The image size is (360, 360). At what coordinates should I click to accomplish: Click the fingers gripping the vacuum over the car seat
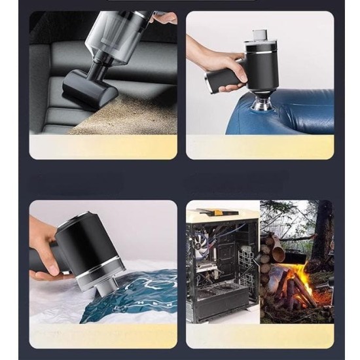tap(164, 18)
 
